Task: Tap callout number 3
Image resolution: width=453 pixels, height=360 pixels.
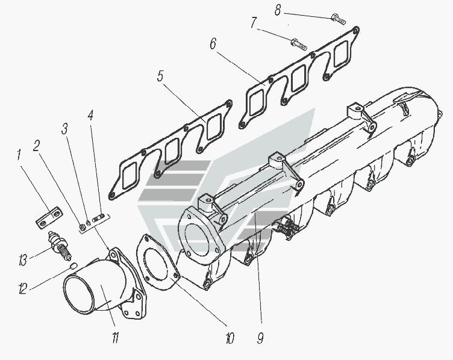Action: pyautogui.click(x=64, y=128)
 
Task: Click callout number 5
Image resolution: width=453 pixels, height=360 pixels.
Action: pyautogui.click(x=160, y=76)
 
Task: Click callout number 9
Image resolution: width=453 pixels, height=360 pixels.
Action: pyautogui.click(x=260, y=339)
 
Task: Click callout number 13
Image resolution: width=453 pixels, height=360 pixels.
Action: pyautogui.click(x=23, y=261)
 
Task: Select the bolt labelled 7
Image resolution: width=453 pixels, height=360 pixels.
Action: pyautogui.click(x=299, y=44)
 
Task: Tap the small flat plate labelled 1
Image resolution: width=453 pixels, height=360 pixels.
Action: pyautogui.click(x=48, y=217)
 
